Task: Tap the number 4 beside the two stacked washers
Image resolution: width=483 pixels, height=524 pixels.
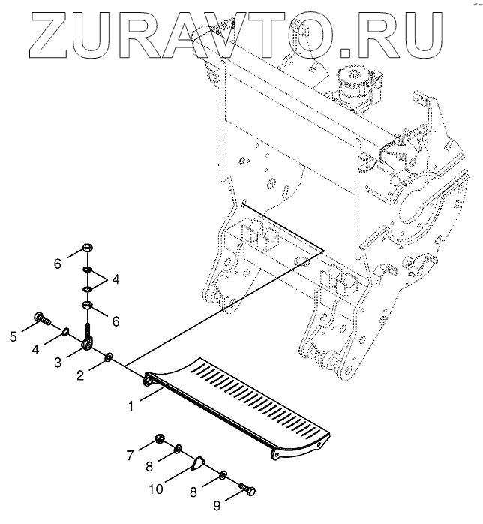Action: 115,279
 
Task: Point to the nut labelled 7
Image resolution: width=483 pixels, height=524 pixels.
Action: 159,438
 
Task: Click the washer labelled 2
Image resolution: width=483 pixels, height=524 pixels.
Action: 109,356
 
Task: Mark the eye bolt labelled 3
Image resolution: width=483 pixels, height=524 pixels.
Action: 88,342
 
